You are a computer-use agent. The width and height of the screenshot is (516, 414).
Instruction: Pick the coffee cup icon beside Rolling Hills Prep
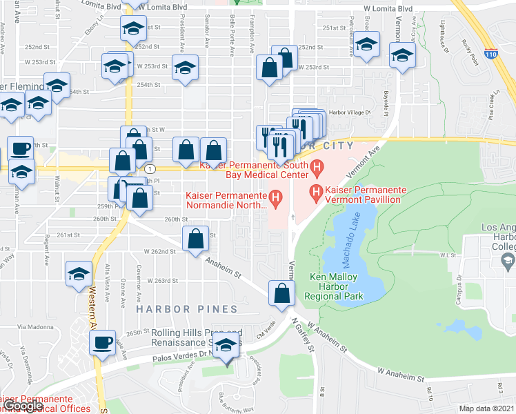click(103, 342)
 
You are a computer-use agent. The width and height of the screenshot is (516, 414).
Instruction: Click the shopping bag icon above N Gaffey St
click(281, 293)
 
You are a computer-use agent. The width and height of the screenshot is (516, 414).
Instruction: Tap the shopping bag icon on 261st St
click(196, 238)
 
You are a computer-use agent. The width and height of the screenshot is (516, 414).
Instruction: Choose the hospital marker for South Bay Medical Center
click(317, 166)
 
